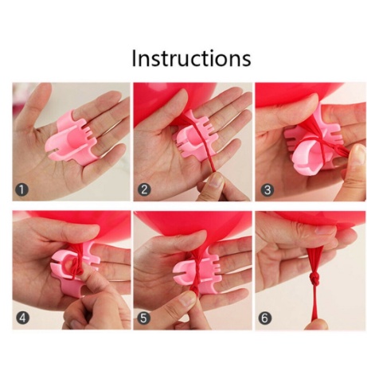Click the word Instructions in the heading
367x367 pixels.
pos(191,58)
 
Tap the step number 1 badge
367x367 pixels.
pos(21,189)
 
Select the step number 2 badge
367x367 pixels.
pos(144,189)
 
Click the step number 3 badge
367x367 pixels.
pos(267,189)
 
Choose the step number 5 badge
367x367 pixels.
pos(143,318)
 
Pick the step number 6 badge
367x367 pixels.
pos(264,318)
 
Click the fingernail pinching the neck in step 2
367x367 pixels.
pos(216,180)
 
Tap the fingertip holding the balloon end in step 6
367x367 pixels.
pos(316,324)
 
